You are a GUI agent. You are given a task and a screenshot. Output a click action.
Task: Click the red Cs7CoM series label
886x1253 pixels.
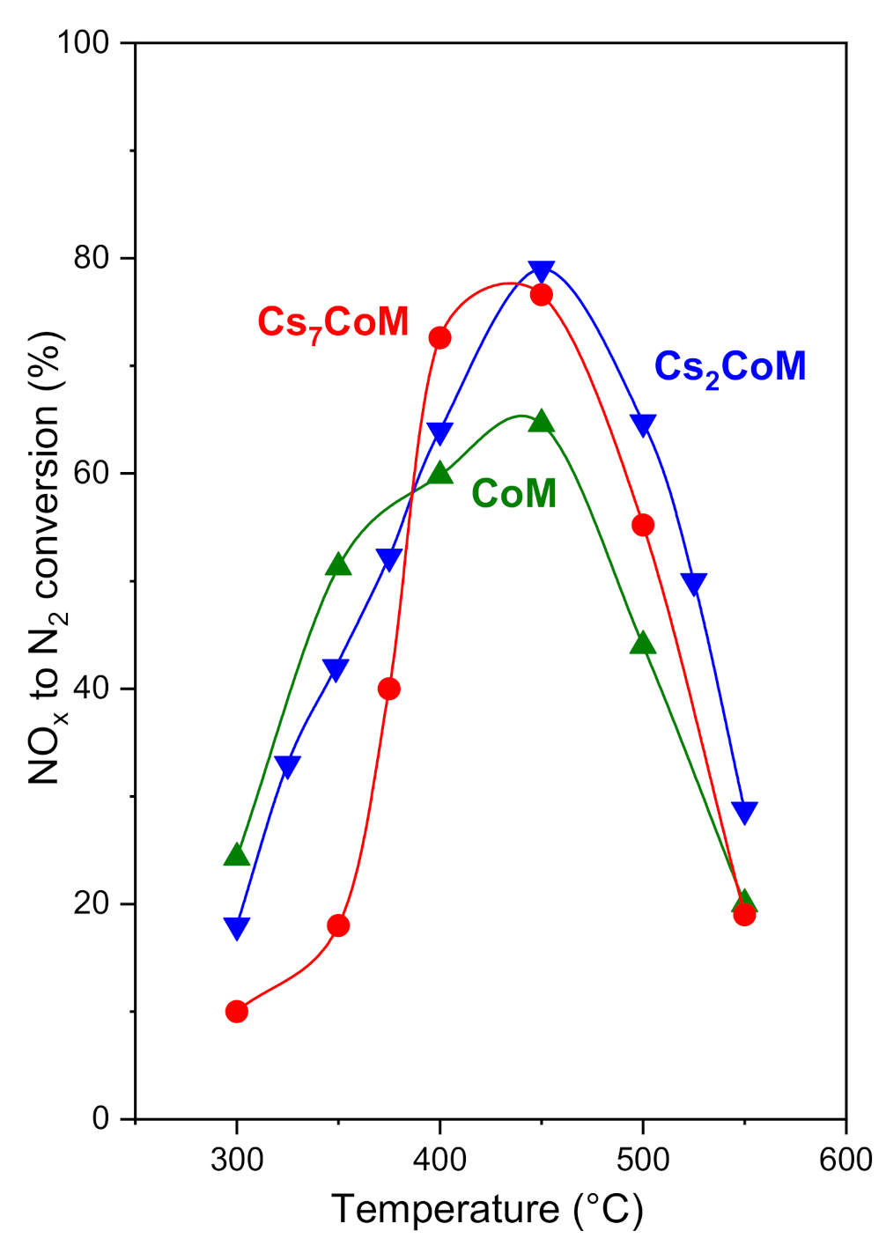point(333,322)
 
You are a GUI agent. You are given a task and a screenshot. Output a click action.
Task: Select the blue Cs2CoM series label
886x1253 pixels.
point(729,366)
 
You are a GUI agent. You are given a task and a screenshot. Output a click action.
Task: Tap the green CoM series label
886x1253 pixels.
point(513,493)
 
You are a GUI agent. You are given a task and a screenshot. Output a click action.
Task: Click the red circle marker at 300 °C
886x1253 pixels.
point(237,1011)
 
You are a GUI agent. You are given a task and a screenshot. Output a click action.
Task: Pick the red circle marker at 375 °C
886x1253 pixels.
point(389,689)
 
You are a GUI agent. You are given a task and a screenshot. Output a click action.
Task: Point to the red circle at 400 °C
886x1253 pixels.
point(439,338)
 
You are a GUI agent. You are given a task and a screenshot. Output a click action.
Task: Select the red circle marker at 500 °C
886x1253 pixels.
point(643,526)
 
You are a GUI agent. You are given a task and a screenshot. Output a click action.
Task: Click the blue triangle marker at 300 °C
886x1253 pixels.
point(237,927)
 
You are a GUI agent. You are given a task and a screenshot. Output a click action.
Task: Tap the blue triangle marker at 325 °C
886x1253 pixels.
point(287,766)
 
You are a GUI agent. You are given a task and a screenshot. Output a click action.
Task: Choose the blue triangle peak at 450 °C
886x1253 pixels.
point(542,271)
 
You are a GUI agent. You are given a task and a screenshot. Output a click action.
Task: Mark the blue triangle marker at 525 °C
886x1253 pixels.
point(694,583)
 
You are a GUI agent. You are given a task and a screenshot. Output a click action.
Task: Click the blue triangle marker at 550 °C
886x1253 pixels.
point(745,811)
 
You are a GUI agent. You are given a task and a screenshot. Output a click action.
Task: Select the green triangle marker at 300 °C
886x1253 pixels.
point(237,855)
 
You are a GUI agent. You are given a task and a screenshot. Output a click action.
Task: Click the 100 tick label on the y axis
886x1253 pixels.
point(84,42)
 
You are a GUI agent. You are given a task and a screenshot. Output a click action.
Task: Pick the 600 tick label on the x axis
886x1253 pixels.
point(845,1160)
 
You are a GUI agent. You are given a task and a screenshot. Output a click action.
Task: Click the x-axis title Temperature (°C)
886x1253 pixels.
point(487,1211)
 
